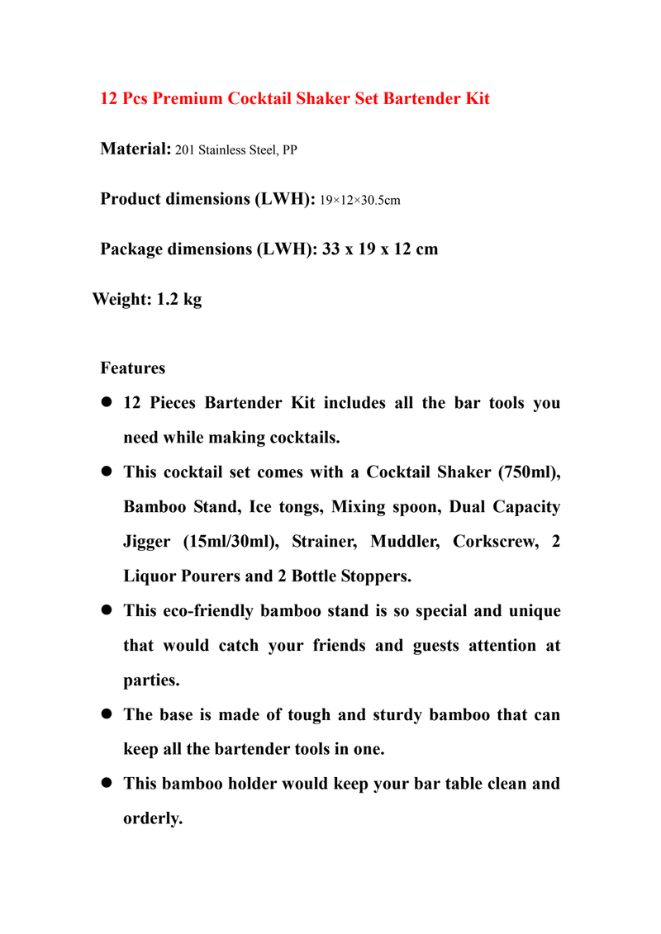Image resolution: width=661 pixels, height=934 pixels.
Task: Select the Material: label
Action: [136, 149]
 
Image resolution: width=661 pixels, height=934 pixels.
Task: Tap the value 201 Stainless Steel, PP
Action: [236, 151]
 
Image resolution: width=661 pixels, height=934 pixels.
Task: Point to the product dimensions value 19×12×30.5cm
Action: [360, 201]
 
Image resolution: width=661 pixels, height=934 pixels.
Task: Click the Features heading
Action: [132, 368]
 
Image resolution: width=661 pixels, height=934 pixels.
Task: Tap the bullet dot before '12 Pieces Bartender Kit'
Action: [106, 404]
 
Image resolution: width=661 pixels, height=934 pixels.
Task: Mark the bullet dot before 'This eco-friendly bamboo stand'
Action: [106, 612]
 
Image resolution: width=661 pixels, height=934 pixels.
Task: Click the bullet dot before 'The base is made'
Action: [106, 715]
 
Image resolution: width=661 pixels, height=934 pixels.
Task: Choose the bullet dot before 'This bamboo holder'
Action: [106, 784]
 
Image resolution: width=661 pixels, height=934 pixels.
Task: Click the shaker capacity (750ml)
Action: [527, 472]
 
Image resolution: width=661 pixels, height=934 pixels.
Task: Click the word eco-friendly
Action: [204, 611]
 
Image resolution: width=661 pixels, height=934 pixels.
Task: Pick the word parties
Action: [151, 681]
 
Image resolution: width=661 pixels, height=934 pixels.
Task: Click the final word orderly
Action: [152, 818]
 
